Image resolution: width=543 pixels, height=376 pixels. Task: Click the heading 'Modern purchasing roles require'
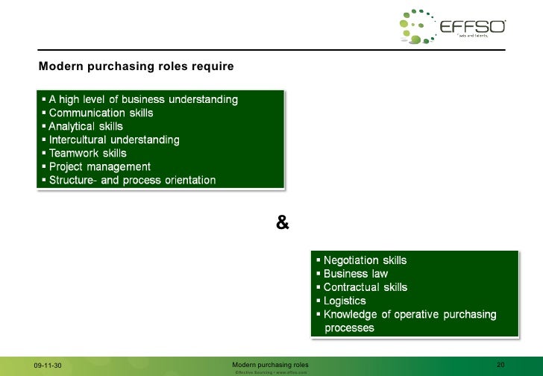pos(136,67)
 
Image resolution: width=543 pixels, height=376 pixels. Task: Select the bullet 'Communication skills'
pos(101,113)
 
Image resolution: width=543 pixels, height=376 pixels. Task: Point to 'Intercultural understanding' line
pos(113,140)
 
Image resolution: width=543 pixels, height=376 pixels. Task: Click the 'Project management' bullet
pos(100,166)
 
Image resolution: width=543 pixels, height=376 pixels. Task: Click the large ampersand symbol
pos(282,222)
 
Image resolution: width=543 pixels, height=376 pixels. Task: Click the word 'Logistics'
pos(345,301)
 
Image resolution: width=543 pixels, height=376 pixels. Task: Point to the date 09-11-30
pos(48,365)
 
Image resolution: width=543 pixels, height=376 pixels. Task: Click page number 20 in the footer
pos(501,364)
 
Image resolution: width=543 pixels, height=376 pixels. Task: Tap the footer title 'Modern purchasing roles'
pos(271,364)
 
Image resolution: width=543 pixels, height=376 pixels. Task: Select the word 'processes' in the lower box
pos(350,328)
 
